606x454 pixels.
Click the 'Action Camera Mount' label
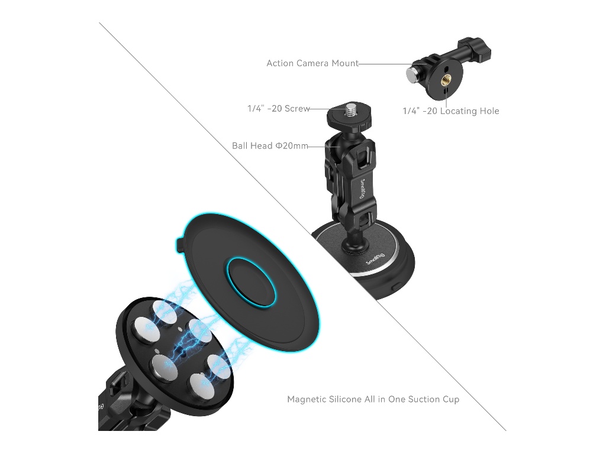[x=312, y=63]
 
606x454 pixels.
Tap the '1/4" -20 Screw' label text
[x=279, y=109]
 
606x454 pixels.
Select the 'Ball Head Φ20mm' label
[x=270, y=145]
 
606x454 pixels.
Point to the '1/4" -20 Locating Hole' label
[x=450, y=111]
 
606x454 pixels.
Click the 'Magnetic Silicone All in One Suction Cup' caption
[x=373, y=399]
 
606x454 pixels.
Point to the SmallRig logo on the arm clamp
[x=362, y=189]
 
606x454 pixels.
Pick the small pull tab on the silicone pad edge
[x=179, y=246]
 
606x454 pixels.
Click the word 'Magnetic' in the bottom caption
[x=307, y=399]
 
